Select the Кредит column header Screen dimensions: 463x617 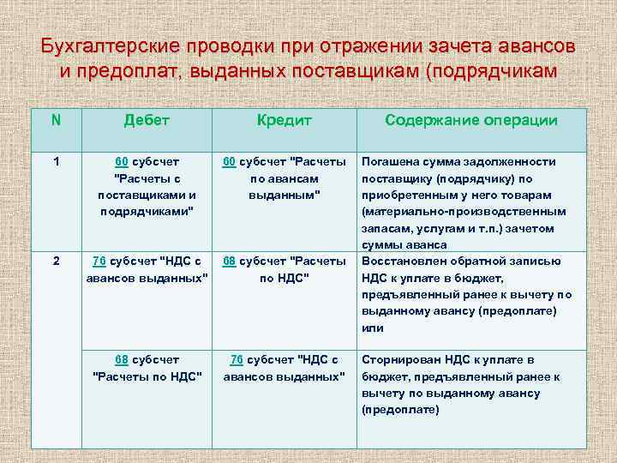tap(284, 121)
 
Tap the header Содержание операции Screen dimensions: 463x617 tap(471, 121)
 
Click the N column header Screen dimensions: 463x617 tap(56, 121)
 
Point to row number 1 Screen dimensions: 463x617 tap(56, 161)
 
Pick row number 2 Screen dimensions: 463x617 tap(56, 261)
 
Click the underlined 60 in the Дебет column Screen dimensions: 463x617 tap(123, 161)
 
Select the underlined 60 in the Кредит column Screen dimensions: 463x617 tap(230, 161)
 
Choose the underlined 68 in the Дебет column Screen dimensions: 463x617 tap(123, 359)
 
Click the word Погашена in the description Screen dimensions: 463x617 tap(391, 161)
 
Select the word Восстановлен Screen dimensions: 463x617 tap(403, 261)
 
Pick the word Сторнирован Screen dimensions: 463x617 tap(399, 359)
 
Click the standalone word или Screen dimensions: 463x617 tap(373, 328)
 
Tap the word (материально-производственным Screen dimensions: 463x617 tap(464, 211)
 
